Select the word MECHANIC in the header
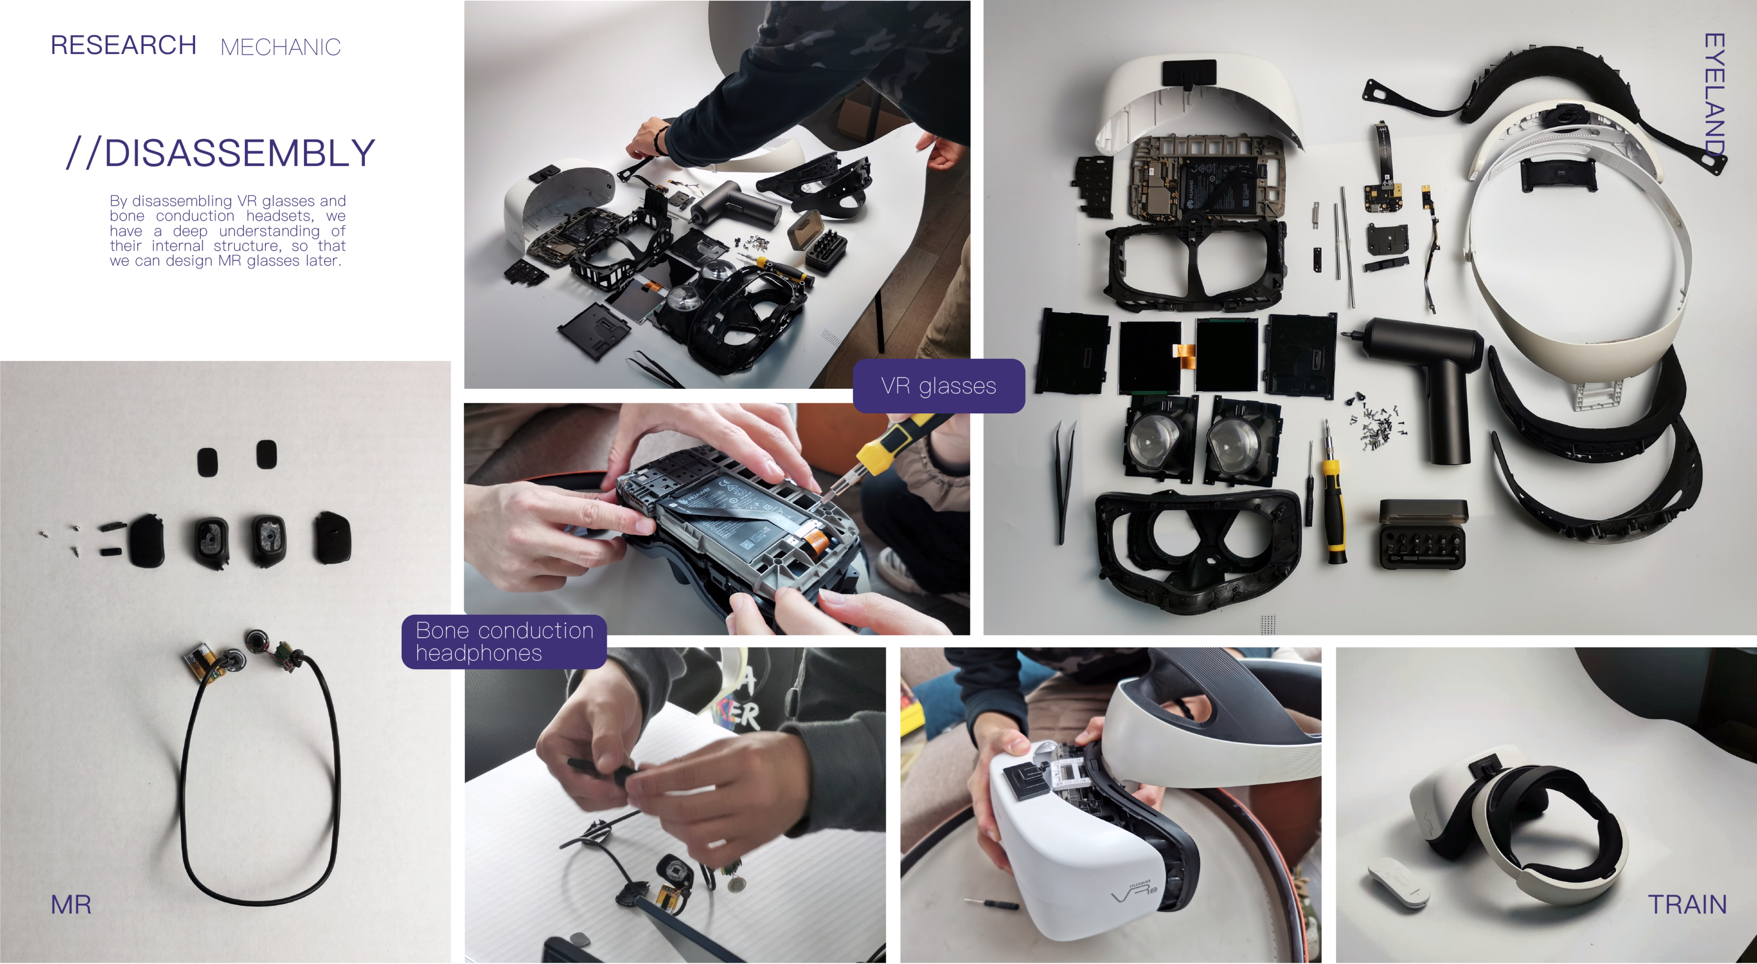click(280, 47)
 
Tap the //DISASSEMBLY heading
click(220, 153)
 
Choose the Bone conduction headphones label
click(504, 641)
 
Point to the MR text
click(71, 905)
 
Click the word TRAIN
click(1687, 905)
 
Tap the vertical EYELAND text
click(1714, 96)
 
